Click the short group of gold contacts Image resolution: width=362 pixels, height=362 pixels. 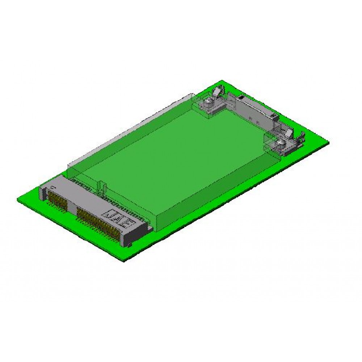coord(58,199)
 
